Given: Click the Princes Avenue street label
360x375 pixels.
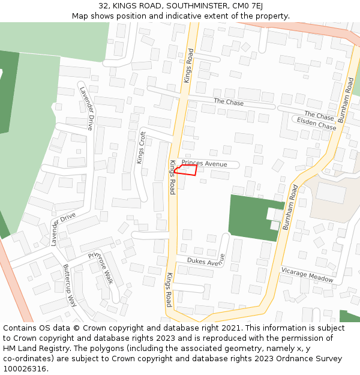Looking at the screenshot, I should [204, 164].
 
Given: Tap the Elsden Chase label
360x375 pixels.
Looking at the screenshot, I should [317, 124].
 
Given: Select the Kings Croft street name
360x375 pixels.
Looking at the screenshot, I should [141, 148].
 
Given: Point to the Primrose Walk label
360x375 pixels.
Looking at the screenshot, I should [100, 268].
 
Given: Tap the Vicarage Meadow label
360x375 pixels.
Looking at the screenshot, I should [307, 275].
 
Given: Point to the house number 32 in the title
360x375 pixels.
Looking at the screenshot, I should [104, 6].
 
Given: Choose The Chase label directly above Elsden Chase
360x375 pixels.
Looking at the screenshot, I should [319, 115].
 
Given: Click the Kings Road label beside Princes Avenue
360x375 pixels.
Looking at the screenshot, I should [172, 177].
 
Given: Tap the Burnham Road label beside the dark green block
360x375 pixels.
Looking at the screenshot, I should [290, 208].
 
